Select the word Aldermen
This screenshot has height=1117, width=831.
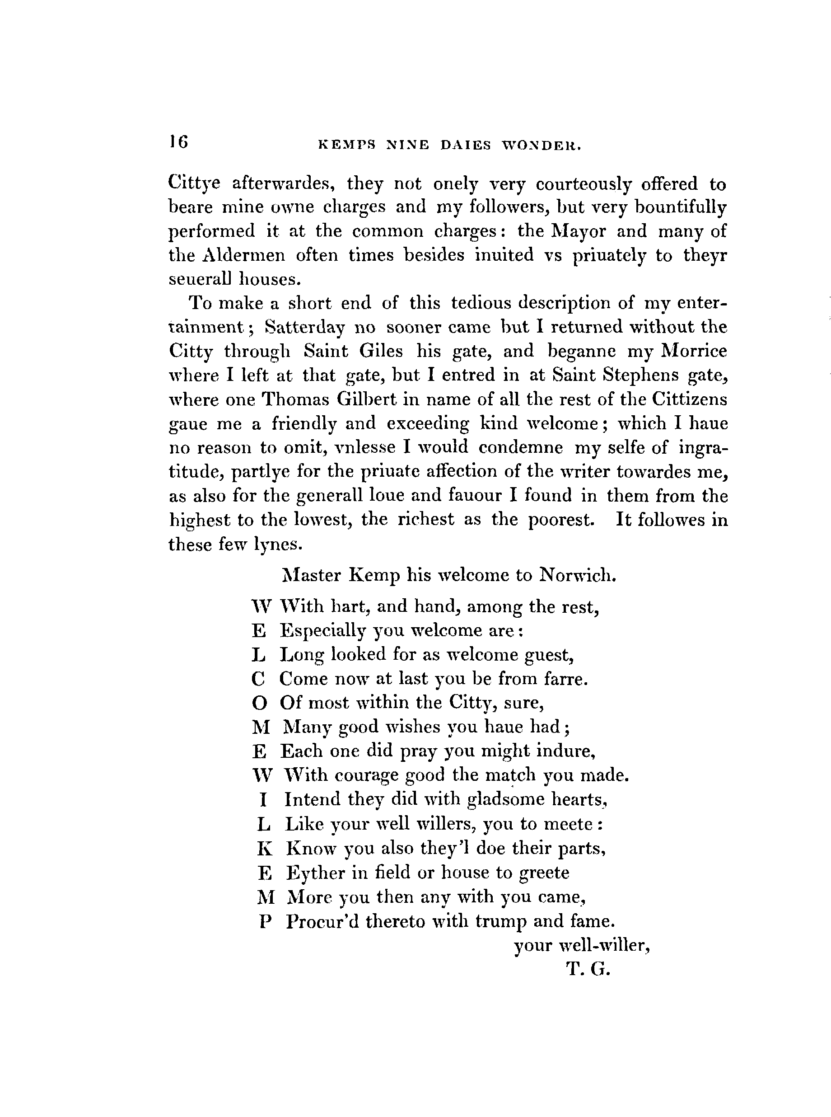[x=243, y=255]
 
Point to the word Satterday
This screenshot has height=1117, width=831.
[x=305, y=328]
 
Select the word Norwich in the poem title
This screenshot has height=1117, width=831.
[x=578, y=575]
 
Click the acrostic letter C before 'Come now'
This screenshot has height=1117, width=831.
[x=258, y=679]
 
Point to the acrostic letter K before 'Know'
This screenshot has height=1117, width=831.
[x=265, y=849]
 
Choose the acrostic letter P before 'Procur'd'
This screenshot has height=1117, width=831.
[x=265, y=922]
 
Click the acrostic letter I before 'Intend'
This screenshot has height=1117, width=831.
[x=263, y=800]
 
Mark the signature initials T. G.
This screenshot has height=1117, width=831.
[x=588, y=969]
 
